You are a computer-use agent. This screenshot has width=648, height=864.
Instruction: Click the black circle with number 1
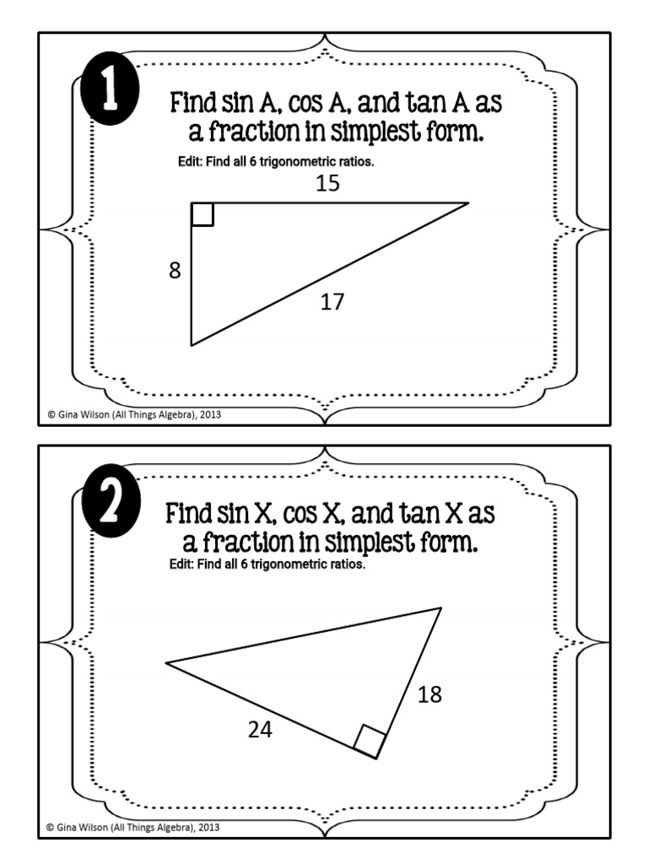[110, 88]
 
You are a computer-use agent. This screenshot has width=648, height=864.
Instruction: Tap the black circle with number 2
[111, 501]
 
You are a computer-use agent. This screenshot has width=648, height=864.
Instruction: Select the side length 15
[328, 183]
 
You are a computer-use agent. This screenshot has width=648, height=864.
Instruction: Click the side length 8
[175, 271]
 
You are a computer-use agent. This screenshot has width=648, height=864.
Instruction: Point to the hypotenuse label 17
[332, 302]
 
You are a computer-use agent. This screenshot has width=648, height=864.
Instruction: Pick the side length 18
[429, 694]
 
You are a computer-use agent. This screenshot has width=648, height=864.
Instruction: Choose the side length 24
[260, 730]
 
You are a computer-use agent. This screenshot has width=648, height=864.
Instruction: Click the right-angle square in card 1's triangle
[202, 214]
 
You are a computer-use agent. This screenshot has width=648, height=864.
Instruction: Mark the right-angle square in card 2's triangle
[370, 741]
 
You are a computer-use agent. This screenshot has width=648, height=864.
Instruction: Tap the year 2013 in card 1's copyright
[210, 414]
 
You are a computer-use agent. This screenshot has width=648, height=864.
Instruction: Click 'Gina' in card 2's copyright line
[66, 827]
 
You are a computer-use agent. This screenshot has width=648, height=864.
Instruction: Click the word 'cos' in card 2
[300, 514]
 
